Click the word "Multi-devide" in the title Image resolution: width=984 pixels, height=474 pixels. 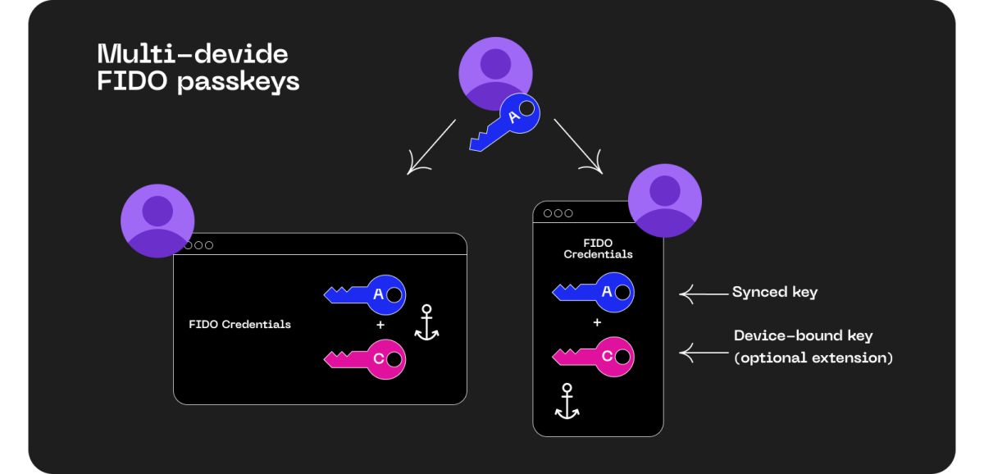[x=193, y=54]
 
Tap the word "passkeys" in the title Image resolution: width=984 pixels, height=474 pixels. [x=239, y=82]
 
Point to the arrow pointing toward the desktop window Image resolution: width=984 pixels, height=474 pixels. [x=431, y=148]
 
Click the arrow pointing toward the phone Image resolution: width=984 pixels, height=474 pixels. [x=577, y=146]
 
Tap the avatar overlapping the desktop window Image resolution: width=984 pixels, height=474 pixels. [x=157, y=220]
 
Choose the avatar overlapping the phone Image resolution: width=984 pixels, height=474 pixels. [x=665, y=200]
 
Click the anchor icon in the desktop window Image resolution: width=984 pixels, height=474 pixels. [x=426, y=322]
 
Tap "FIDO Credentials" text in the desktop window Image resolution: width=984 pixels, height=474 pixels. [x=239, y=324]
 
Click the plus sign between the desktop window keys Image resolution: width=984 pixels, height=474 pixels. [x=380, y=326]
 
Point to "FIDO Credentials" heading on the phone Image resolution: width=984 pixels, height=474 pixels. [x=598, y=248]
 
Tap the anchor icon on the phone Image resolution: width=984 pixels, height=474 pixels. [x=567, y=401]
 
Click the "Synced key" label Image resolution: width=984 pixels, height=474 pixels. [x=774, y=292]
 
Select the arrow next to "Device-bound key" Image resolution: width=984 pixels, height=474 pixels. [x=699, y=353]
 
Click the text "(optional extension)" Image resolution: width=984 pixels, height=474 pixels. [x=813, y=358]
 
